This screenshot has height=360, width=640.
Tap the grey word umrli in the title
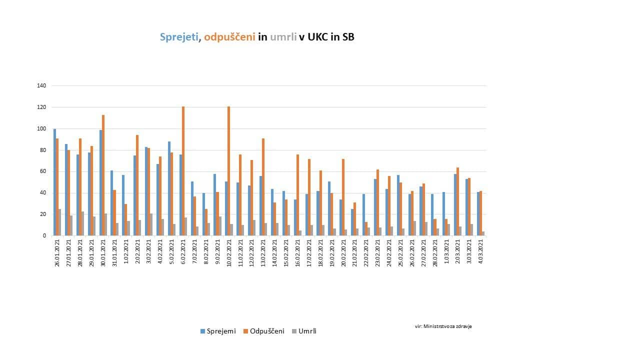point(283,37)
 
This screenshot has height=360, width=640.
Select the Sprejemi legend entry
point(217,331)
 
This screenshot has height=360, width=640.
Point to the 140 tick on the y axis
point(41,86)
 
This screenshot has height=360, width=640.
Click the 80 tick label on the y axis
point(43,150)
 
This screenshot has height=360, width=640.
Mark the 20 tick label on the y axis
point(43,214)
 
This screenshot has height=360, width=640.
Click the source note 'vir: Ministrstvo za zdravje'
point(443,326)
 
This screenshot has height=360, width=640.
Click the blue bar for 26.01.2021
point(54,182)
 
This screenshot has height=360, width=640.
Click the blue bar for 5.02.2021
point(169,188)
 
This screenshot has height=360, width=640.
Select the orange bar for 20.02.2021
point(342,197)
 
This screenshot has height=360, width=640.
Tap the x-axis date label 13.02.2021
point(263,252)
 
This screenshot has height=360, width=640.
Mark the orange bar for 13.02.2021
point(263,187)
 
